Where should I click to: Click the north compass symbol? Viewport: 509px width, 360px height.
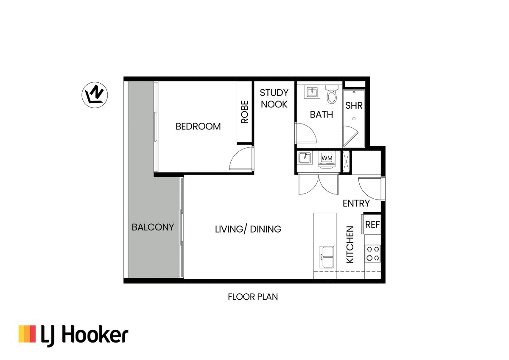[x=95, y=94]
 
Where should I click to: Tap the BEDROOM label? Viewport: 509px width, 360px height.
[x=198, y=127]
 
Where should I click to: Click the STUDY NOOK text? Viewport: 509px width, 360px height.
[x=274, y=98]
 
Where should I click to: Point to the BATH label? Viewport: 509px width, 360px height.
[x=321, y=115]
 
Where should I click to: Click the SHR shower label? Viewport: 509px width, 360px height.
[x=354, y=106]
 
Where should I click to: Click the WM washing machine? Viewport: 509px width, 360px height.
[x=327, y=158]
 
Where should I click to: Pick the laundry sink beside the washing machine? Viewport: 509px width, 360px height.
[x=305, y=158]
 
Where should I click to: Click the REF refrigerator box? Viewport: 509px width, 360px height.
[x=372, y=225]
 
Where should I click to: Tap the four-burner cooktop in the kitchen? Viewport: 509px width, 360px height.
[x=372, y=253]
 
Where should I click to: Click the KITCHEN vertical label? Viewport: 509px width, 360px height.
[x=350, y=244]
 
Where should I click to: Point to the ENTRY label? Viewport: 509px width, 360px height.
[x=356, y=204]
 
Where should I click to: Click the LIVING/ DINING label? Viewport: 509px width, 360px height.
[x=248, y=229]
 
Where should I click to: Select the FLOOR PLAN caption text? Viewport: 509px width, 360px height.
[x=253, y=297]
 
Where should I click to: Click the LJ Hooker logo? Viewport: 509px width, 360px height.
[x=73, y=335]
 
